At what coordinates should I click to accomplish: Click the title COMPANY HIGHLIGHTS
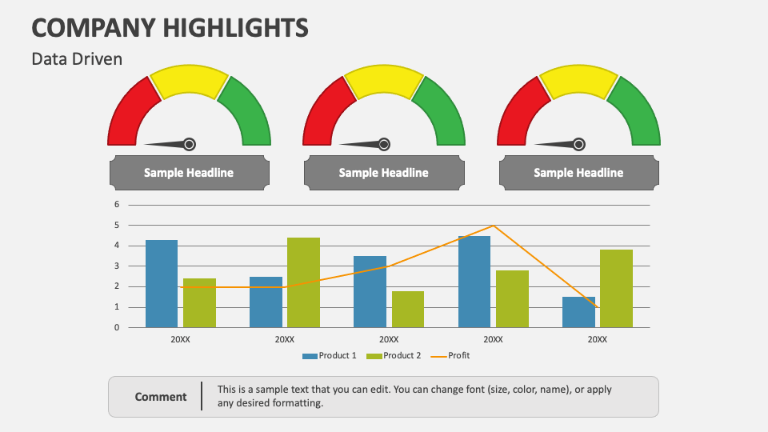click(170, 28)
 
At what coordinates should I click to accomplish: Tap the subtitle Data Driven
click(77, 59)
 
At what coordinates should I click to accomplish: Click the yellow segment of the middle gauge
click(384, 82)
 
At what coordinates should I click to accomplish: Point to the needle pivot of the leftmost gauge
click(189, 144)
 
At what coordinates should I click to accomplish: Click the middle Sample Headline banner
click(384, 173)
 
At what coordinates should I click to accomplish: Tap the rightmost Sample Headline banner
click(578, 173)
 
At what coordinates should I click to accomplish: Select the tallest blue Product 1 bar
click(474, 282)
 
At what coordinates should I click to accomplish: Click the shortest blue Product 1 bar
click(578, 312)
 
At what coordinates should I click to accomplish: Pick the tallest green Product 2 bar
click(303, 282)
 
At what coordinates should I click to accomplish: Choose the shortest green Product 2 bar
click(407, 309)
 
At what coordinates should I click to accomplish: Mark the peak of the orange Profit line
click(494, 226)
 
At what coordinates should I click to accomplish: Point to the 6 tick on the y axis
click(116, 204)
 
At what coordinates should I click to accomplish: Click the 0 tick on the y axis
click(116, 327)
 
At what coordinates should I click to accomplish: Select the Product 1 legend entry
click(330, 355)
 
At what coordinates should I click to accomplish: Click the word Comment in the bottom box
click(161, 397)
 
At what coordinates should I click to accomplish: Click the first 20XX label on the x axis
click(180, 339)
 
